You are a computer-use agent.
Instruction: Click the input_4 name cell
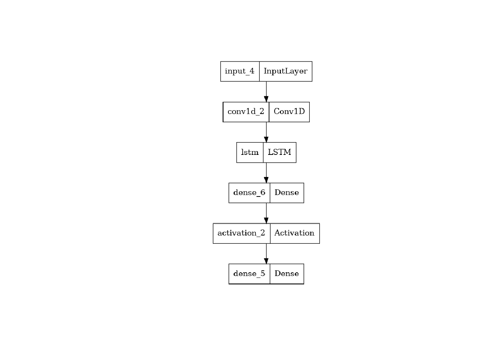click(x=240, y=71)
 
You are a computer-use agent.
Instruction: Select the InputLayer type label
click(x=285, y=71)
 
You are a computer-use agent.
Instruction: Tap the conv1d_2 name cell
click(x=246, y=112)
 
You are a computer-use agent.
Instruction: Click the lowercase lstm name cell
click(x=250, y=152)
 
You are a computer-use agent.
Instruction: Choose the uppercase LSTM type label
click(x=279, y=152)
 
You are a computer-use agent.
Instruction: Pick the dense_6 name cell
click(x=249, y=193)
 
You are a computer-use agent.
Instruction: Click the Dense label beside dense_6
click(x=286, y=192)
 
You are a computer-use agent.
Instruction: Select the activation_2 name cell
click(x=241, y=233)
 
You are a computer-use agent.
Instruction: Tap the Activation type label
click(x=294, y=233)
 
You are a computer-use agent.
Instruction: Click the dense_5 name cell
click(x=249, y=274)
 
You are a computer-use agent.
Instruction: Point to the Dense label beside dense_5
click(x=286, y=273)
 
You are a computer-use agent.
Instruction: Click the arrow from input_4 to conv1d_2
click(x=266, y=92)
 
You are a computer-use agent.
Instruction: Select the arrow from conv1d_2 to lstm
click(x=266, y=132)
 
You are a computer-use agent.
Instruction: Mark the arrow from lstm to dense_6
click(x=266, y=173)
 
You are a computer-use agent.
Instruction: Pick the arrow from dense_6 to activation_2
click(x=266, y=213)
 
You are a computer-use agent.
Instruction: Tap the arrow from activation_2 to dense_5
click(x=266, y=254)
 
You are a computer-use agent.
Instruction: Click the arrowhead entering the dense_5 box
click(x=266, y=261)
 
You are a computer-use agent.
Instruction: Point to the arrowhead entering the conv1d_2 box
click(x=266, y=99)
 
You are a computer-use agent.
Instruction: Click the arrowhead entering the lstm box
click(x=266, y=139)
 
